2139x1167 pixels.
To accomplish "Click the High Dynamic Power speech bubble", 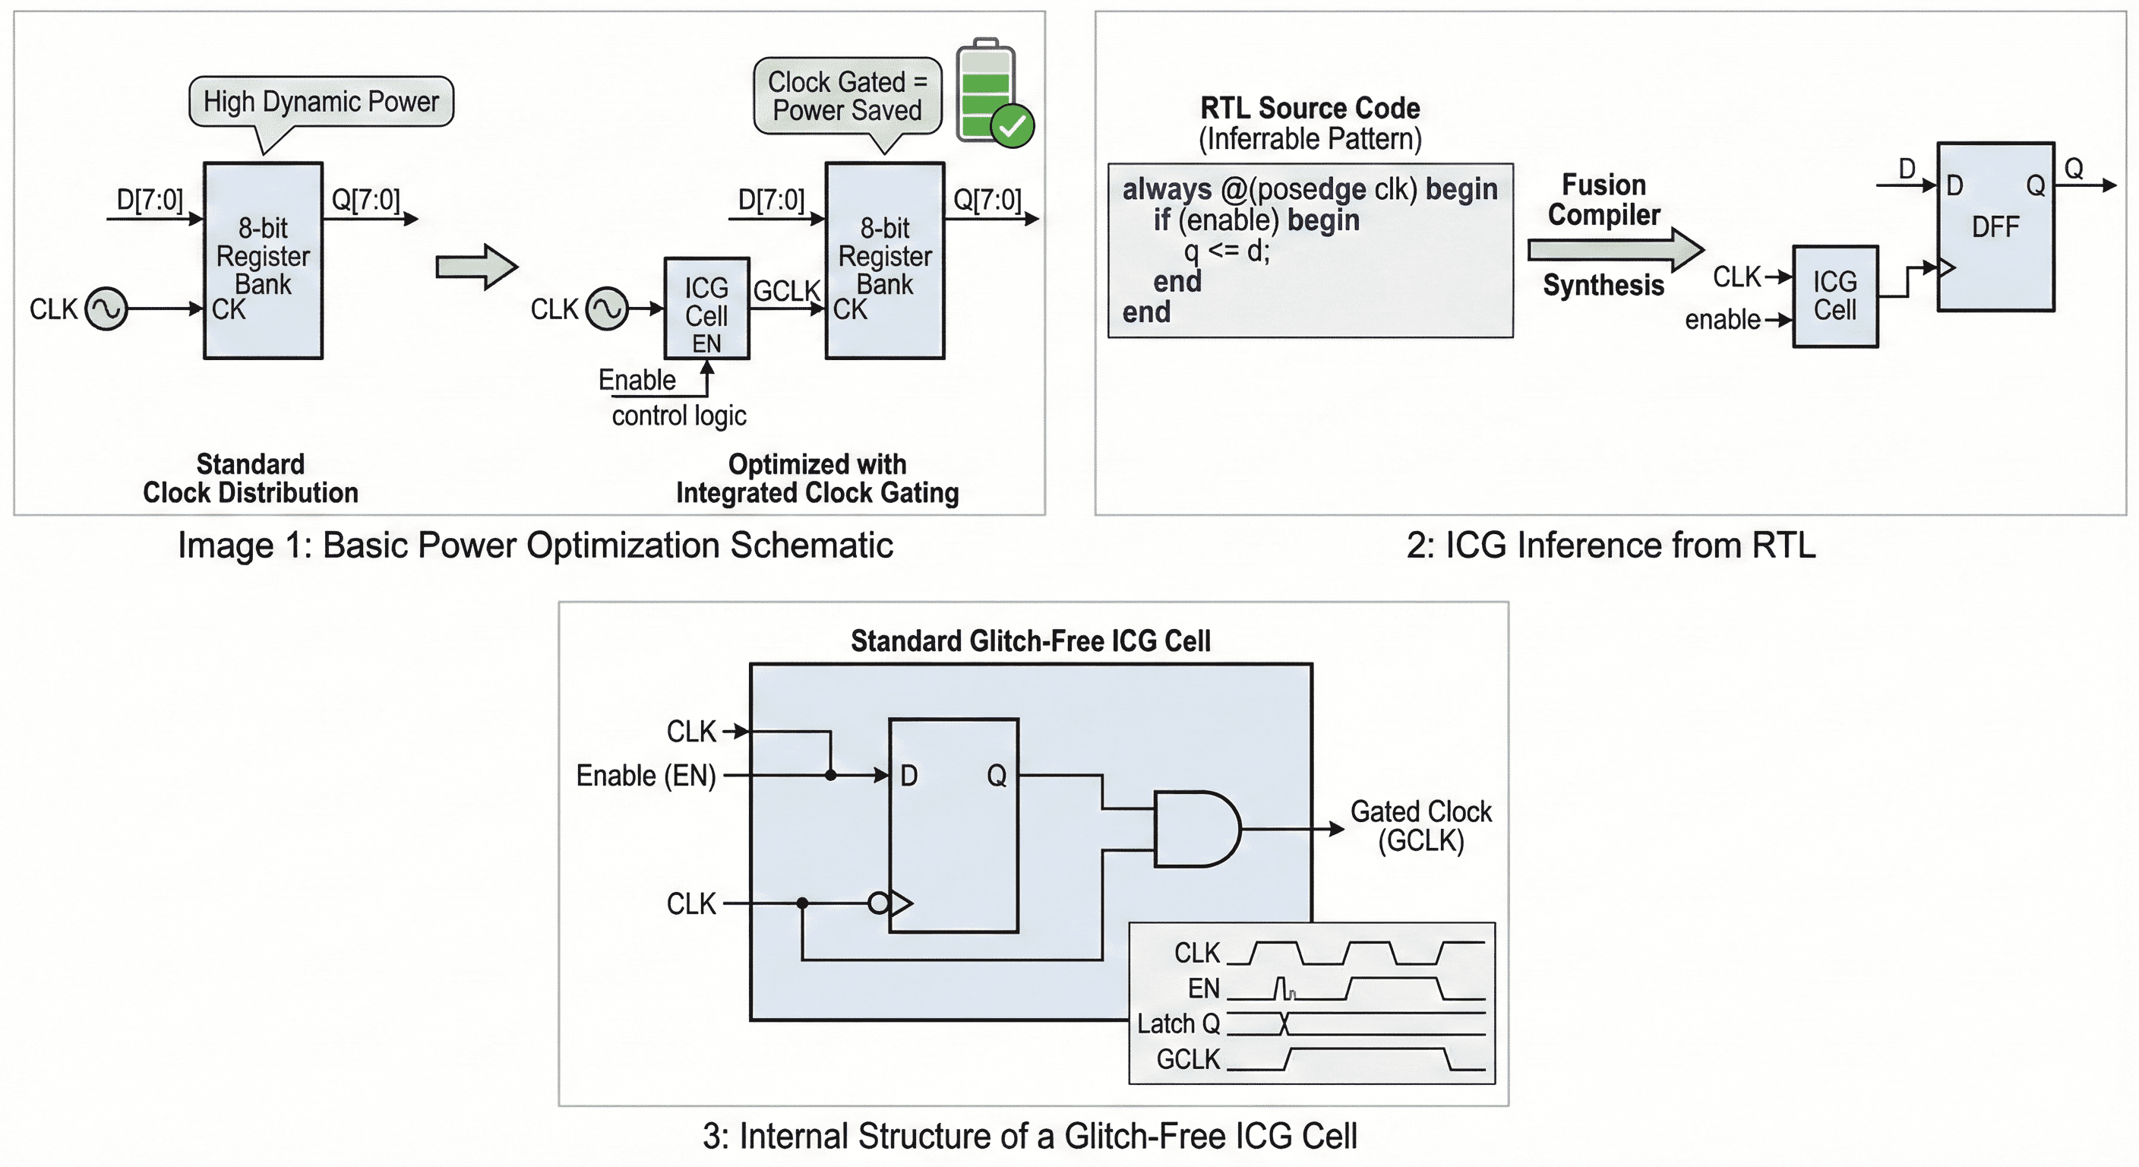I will pos(321,101).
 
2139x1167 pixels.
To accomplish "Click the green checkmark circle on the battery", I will pos(1013,127).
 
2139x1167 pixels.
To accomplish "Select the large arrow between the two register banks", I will pos(476,267).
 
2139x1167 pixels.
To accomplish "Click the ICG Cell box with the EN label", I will pos(706,309).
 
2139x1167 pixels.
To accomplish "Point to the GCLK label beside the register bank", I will pos(785,291).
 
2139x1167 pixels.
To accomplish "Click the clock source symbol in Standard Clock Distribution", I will pos(106,309).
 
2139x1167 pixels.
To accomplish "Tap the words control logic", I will pos(678,416).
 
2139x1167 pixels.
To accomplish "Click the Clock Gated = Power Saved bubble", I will pos(847,96).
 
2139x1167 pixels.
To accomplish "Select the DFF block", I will pos(1995,226).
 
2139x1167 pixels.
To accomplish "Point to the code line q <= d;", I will pos(1227,250).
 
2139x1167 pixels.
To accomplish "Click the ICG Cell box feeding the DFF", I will pos(1834,296).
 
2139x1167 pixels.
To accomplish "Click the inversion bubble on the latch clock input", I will pos(877,903).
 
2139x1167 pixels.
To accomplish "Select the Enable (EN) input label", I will pos(645,775).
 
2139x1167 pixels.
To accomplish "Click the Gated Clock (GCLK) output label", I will pos(1420,826).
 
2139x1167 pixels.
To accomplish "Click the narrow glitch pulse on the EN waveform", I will pos(1283,988).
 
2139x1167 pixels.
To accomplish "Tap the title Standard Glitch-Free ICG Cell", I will pos(1030,640).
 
